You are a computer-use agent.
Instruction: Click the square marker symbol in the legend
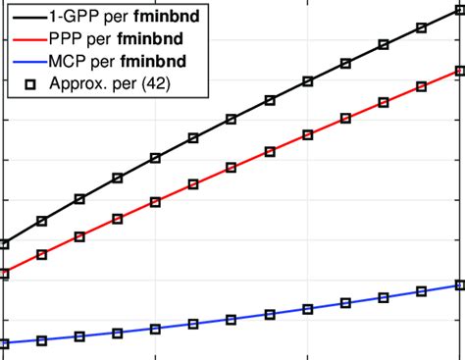(29, 84)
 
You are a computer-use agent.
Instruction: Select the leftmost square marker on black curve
(4, 244)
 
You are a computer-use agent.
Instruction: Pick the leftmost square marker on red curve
(4, 275)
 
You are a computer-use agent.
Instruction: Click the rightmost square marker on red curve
(459, 71)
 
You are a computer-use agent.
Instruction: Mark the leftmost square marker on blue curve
(4, 343)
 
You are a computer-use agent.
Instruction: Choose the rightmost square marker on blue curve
(459, 284)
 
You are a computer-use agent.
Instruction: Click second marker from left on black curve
(41, 222)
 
